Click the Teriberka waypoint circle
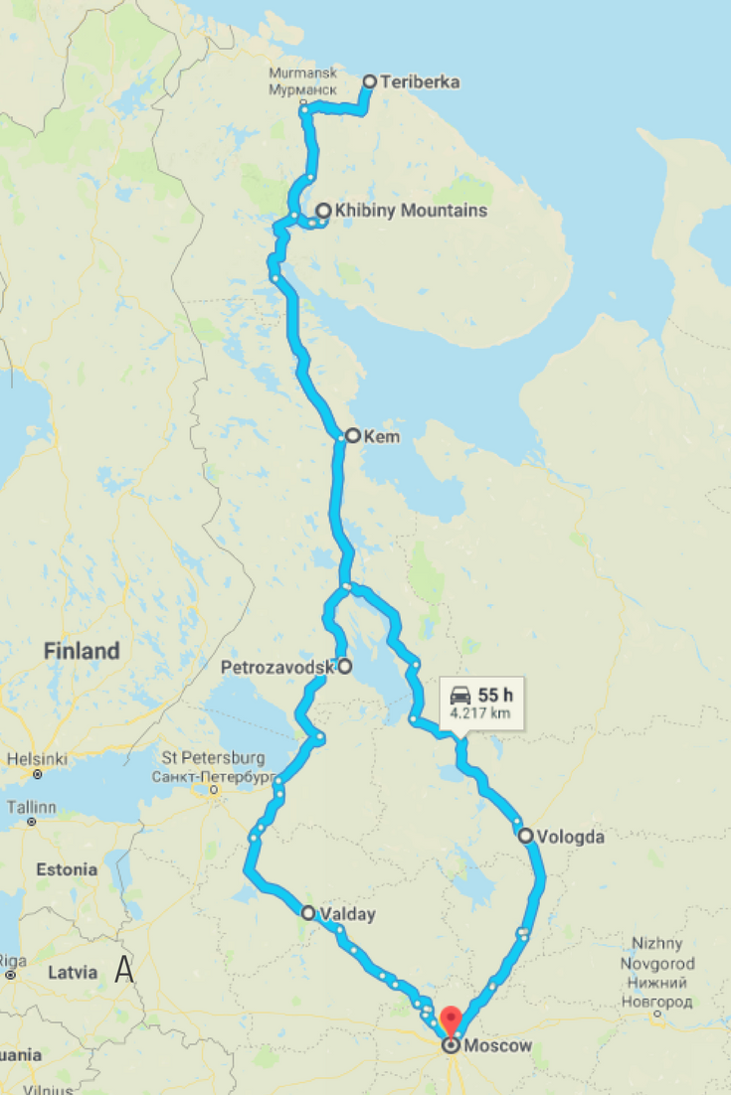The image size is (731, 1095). pos(369,81)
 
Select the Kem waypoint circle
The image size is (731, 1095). pos(351,435)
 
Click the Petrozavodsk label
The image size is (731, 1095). pos(276,668)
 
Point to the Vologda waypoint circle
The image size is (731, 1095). pos(524,836)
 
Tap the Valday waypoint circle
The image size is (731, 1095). pos(307,912)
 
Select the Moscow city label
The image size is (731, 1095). pos(498,1046)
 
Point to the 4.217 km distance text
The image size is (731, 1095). pos(481,712)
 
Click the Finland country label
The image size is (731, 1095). pos(82,652)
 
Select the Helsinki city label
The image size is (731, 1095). pos(39,758)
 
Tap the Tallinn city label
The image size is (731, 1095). pos(32,807)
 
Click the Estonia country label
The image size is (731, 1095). pos(67,869)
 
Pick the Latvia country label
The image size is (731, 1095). pos(73,972)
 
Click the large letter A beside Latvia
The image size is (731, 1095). pos(124,969)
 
